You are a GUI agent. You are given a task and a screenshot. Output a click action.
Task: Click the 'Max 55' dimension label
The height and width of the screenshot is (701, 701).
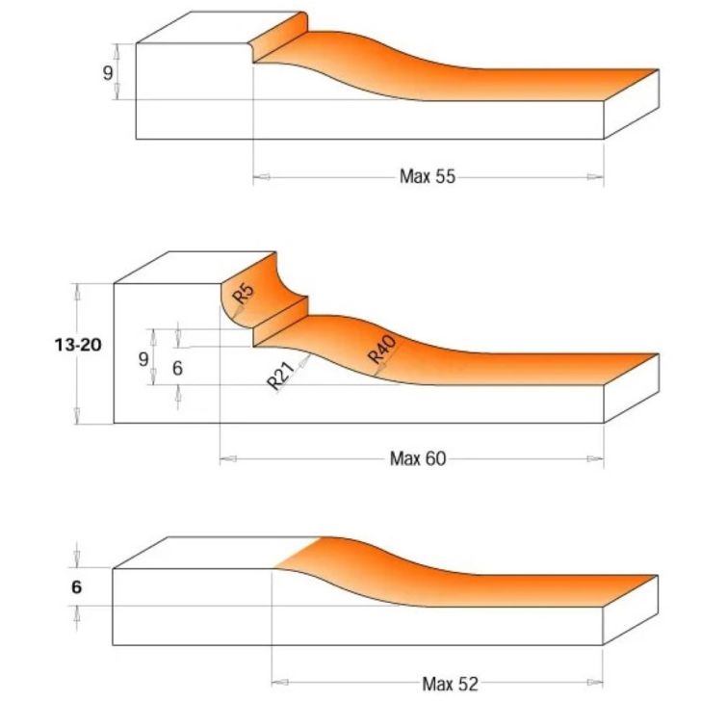(428, 176)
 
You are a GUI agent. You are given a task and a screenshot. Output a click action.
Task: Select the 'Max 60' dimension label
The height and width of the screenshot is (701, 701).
(418, 458)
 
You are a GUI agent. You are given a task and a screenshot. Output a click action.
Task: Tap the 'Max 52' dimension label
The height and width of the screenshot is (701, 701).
(451, 684)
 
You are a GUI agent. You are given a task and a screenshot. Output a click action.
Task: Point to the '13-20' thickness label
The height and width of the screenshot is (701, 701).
(78, 345)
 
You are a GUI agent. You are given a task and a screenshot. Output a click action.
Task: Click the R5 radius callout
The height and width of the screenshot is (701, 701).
(244, 293)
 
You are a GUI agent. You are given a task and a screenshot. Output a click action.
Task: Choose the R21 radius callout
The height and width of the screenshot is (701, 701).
(281, 376)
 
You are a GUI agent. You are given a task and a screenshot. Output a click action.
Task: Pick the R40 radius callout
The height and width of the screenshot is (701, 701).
(381, 350)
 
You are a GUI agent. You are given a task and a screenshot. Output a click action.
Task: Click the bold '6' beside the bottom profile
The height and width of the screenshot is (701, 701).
(76, 587)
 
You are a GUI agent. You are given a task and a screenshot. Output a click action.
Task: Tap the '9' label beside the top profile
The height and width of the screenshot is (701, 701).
(108, 72)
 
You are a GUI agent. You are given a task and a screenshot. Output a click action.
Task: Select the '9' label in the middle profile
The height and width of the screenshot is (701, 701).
(143, 359)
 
